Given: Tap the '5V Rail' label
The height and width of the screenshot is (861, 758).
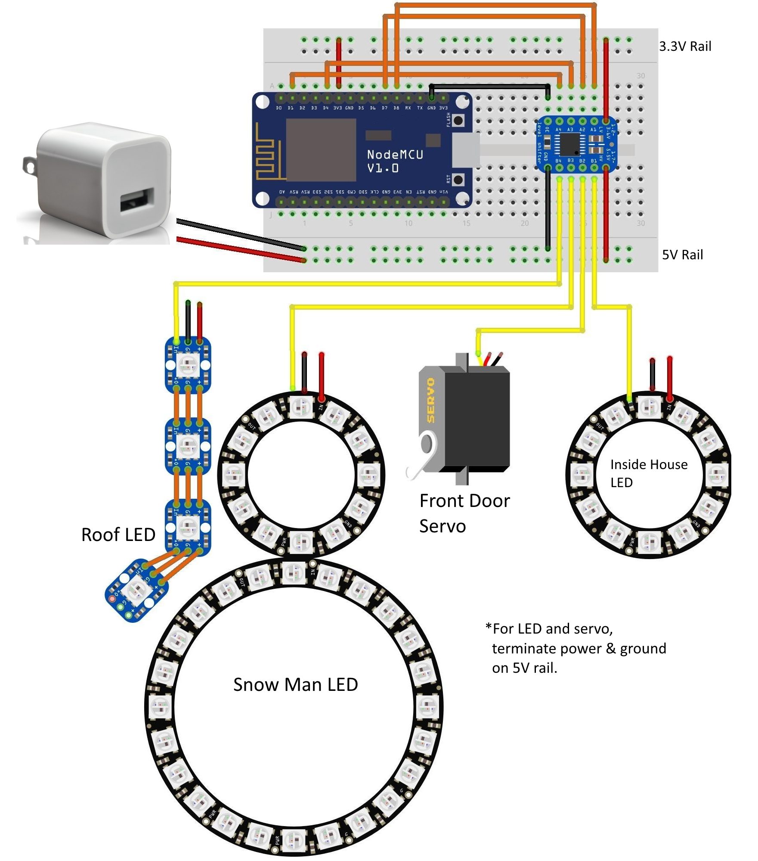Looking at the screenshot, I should tap(682, 255).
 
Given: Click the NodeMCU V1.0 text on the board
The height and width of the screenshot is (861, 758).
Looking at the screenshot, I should tap(395, 161).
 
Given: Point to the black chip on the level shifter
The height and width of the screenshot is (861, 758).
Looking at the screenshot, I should tap(569, 144).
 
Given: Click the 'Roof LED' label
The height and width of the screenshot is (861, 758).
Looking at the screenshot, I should tap(118, 535).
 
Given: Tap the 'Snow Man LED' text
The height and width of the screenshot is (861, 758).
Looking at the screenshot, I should tap(295, 684).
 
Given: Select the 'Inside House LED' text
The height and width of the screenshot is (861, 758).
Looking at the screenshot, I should tap(648, 473).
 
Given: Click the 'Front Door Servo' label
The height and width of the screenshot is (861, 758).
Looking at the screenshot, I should tap(464, 513).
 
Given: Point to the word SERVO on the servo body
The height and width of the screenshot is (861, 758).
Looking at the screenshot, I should tap(430, 400).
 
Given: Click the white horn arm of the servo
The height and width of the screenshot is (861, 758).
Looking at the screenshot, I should tap(420, 461).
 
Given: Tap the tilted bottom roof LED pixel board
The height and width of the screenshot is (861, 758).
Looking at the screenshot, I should tap(136, 590).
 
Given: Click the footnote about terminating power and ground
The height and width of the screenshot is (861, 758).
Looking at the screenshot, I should tap(576, 648).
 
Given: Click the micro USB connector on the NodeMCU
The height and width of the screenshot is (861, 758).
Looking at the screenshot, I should tap(466, 149).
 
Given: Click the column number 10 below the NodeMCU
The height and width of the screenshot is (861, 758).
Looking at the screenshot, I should tap(408, 223).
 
